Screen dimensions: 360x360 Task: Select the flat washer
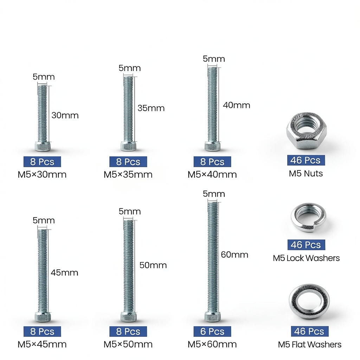point(309,291)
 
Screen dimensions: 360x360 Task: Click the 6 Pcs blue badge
point(212,331)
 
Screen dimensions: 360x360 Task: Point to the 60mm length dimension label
point(234,255)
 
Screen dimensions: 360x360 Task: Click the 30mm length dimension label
point(65,115)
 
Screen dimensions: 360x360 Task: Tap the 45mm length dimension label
point(65,272)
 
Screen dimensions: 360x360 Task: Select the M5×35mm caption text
point(128,174)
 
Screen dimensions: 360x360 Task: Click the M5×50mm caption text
point(128,344)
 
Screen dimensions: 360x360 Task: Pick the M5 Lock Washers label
point(306,258)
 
